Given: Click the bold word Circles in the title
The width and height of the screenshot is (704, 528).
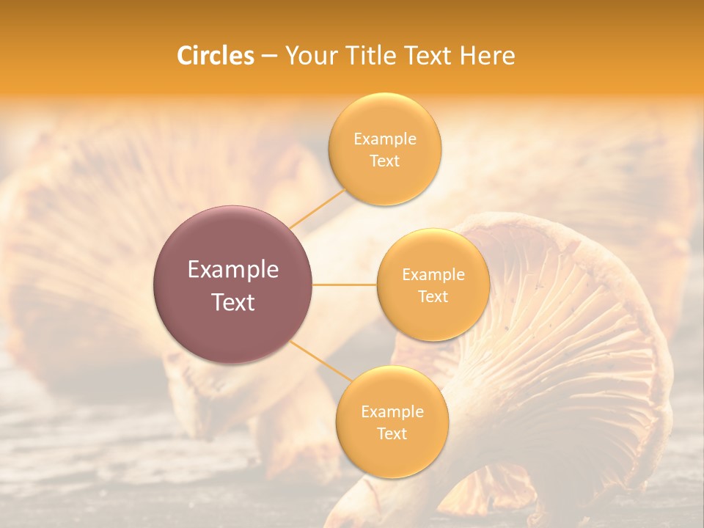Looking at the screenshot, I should coord(216,56).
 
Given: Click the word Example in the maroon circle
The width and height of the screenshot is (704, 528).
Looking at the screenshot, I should coord(233,270).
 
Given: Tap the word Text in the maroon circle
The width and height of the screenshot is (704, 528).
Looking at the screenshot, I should coord(233,302).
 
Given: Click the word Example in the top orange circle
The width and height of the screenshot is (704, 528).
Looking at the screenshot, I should coord(385,139).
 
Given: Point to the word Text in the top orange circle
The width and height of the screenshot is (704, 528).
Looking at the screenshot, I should coord(385,161).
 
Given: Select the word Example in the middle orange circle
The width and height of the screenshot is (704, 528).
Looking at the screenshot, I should coord(433,275).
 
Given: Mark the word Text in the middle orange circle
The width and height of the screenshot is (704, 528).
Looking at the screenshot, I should coord(433,297).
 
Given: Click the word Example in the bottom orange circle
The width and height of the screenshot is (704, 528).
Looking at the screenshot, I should coord(392,412).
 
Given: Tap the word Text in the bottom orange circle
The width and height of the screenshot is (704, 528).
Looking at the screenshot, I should coord(392,434).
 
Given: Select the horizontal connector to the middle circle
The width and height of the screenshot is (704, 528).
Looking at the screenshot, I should coord(344,285).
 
